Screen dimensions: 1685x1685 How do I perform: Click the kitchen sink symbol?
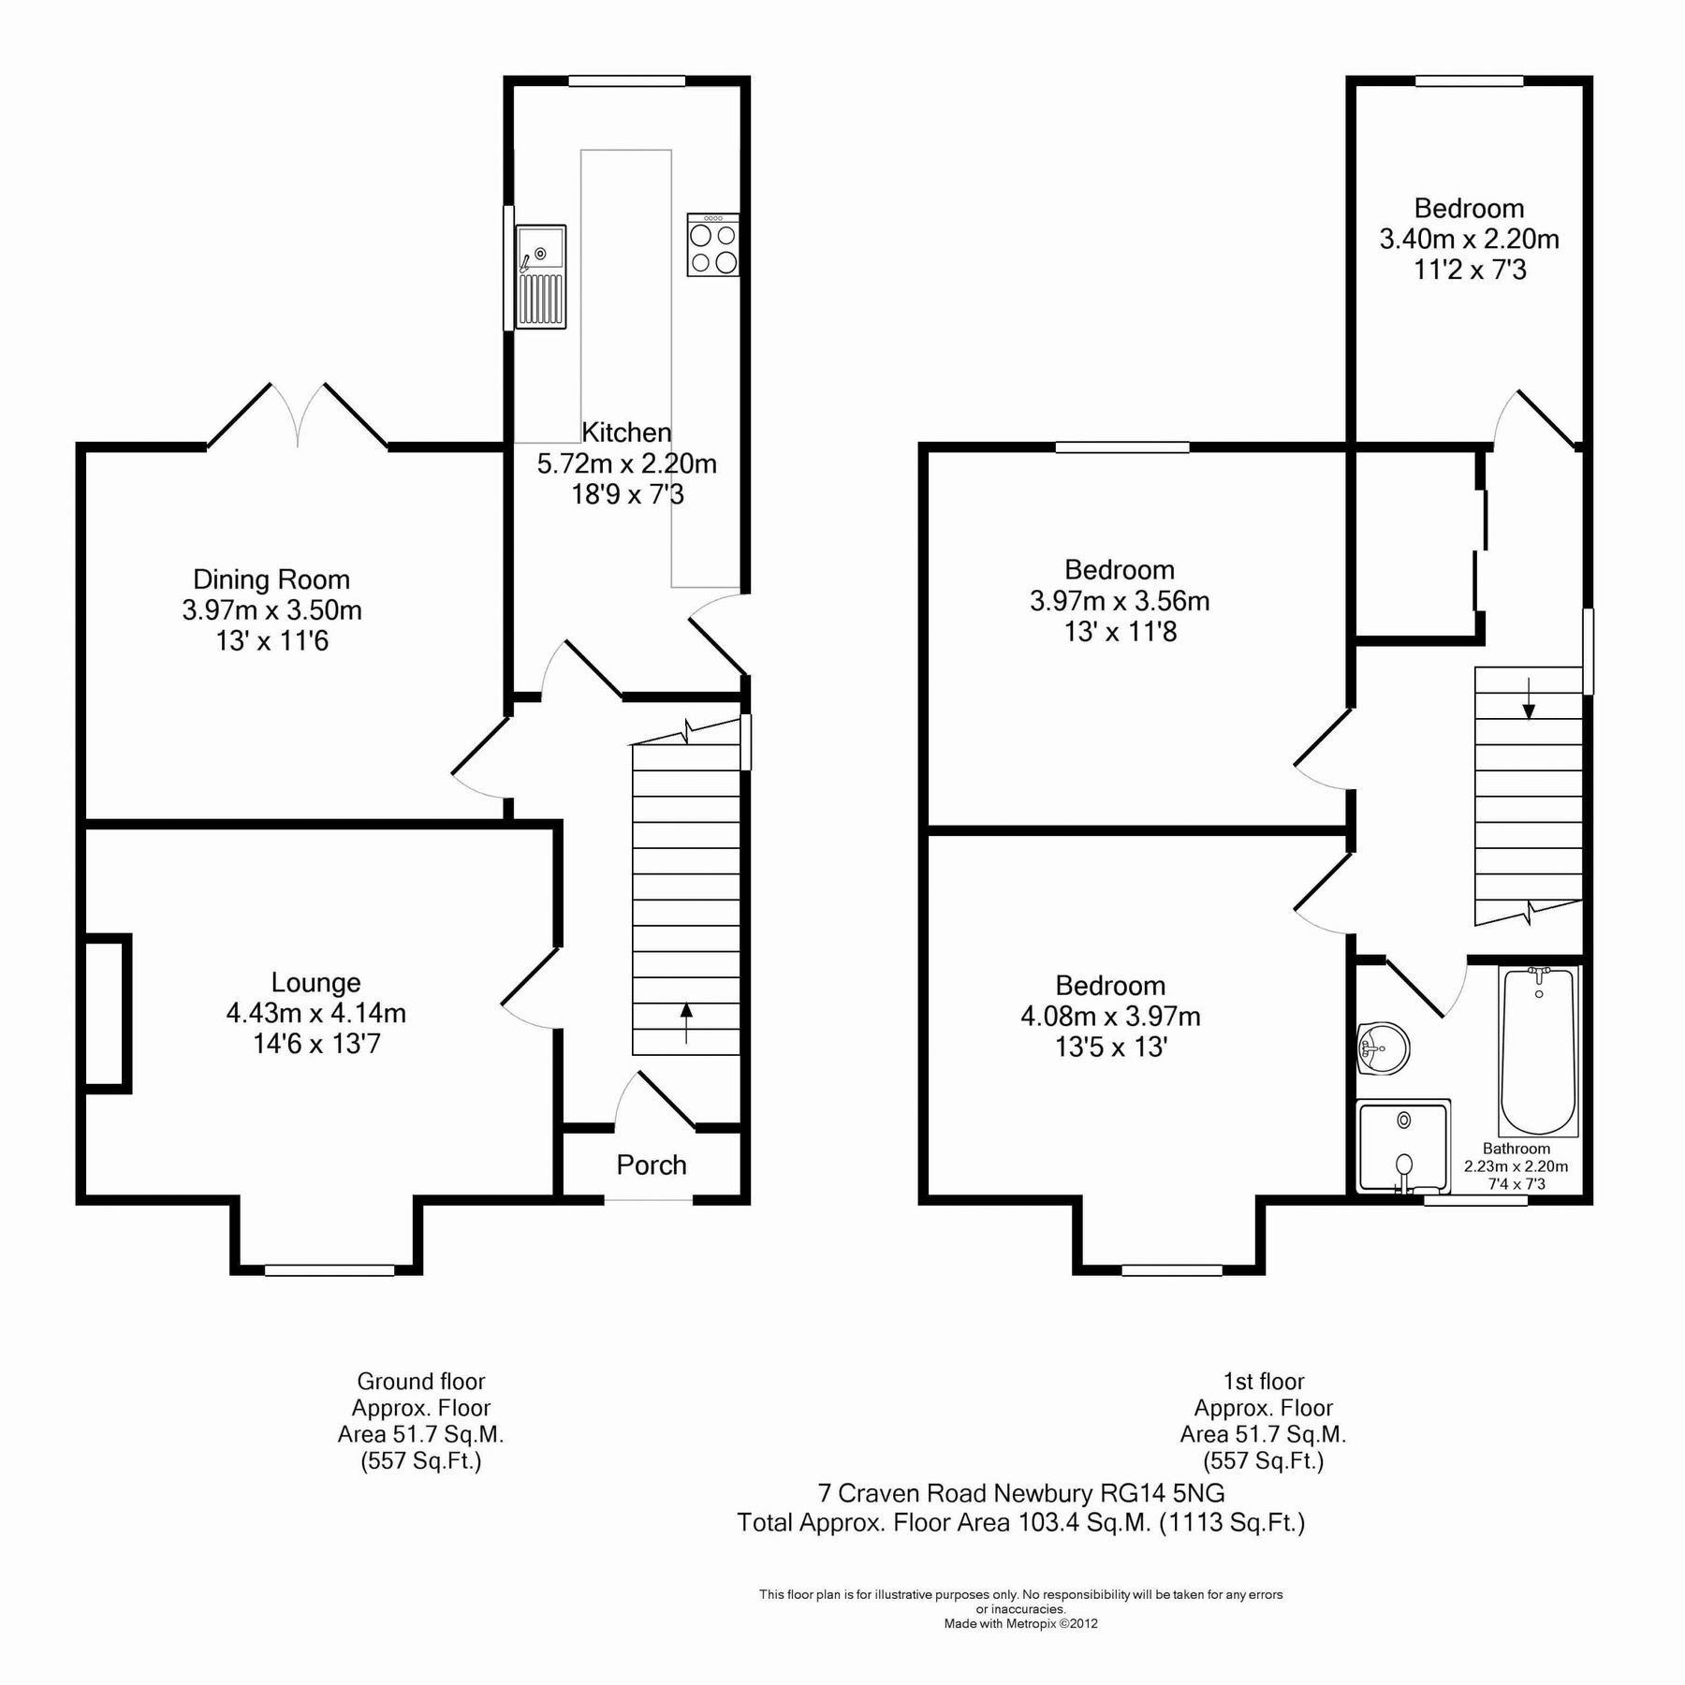pyautogui.click(x=542, y=277)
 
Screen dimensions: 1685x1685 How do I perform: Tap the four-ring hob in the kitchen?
pyautogui.click(x=713, y=246)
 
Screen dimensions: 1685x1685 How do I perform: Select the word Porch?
pyautogui.click(x=652, y=1165)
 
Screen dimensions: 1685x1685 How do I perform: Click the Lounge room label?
pyautogui.click(x=316, y=982)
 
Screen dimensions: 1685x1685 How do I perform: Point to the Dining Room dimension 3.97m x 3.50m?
pyautogui.click(x=271, y=610)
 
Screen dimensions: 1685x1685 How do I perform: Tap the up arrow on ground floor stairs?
pyautogui.click(x=686, y=1023)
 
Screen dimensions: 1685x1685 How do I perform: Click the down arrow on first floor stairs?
pyautogui.click(x=1529, y=698)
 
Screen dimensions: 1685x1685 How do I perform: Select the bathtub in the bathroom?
pyautogui.click(x=1539, y=1051)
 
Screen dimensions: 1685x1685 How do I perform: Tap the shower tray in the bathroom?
pyautogui.click(x=1402, y=1148)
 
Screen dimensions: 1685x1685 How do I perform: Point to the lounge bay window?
pyautogui.click(x=329, y=1269)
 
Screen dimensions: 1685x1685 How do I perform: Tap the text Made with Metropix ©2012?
pyautogui.click(x=1020, y=1623)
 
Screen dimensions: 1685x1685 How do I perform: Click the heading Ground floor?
pyautogui.click(x=421, y=1381)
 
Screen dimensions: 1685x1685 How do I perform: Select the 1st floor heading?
pyautogui.click(x=1263, y=1381)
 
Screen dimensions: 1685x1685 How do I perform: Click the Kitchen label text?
pyautogui.click(x=626, y=432)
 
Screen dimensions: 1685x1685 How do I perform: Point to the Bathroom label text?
pyautogui.click(x=1516, y=1149)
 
